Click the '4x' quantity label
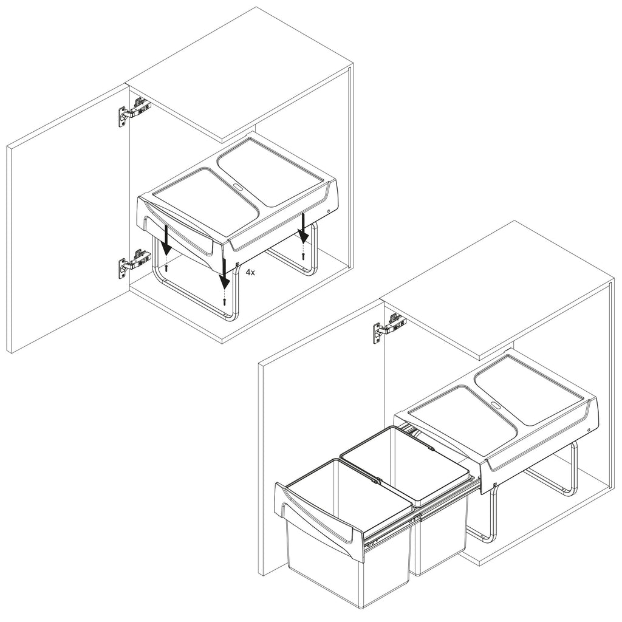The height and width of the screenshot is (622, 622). coord(250,272)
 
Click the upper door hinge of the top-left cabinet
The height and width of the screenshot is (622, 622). coord(134,111)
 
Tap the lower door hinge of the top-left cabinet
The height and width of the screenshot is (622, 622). coord(134,263)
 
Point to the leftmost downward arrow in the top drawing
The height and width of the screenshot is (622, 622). coord(166,239)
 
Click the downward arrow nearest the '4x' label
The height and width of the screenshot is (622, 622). coord(225,273)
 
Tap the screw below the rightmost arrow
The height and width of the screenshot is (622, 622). coord(304,256)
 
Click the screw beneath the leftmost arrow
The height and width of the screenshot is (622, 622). coord(166,268)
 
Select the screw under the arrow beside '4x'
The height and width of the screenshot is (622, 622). coord(225,301)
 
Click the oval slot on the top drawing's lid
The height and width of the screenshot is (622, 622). coord(238,185)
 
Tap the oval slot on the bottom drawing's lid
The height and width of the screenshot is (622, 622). coord(496,405)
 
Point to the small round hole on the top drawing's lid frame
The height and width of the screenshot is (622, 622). coord(329,211)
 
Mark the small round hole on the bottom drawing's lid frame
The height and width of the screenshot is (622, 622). coord(589,430)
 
